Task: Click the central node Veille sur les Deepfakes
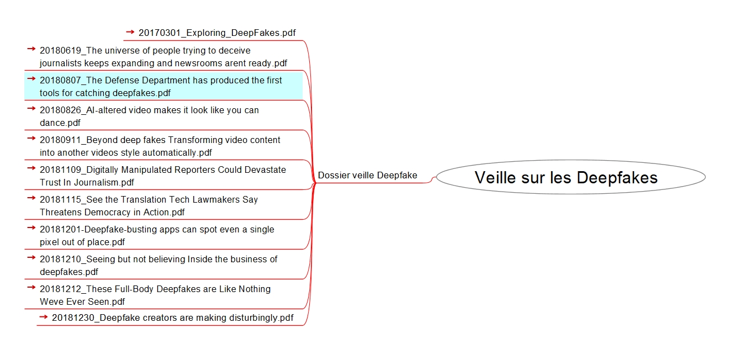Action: click(570, 177)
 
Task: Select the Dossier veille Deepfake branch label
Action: click(367, 175)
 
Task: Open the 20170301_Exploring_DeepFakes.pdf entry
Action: click(217, 33)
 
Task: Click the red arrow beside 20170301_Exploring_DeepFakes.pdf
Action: click(130, 32)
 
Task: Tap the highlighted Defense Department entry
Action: click(163, 86)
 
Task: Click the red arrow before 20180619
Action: click(31, 49)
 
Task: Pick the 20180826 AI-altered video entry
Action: click(149, 117)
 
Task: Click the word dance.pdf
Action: click(60, 123)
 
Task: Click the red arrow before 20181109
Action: click(31, 168)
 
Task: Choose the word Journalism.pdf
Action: click(104, 182)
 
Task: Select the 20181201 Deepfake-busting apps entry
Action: click(157, 236)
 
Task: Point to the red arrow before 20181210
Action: click(31, 257)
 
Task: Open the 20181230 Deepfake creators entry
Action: click(173, 317)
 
